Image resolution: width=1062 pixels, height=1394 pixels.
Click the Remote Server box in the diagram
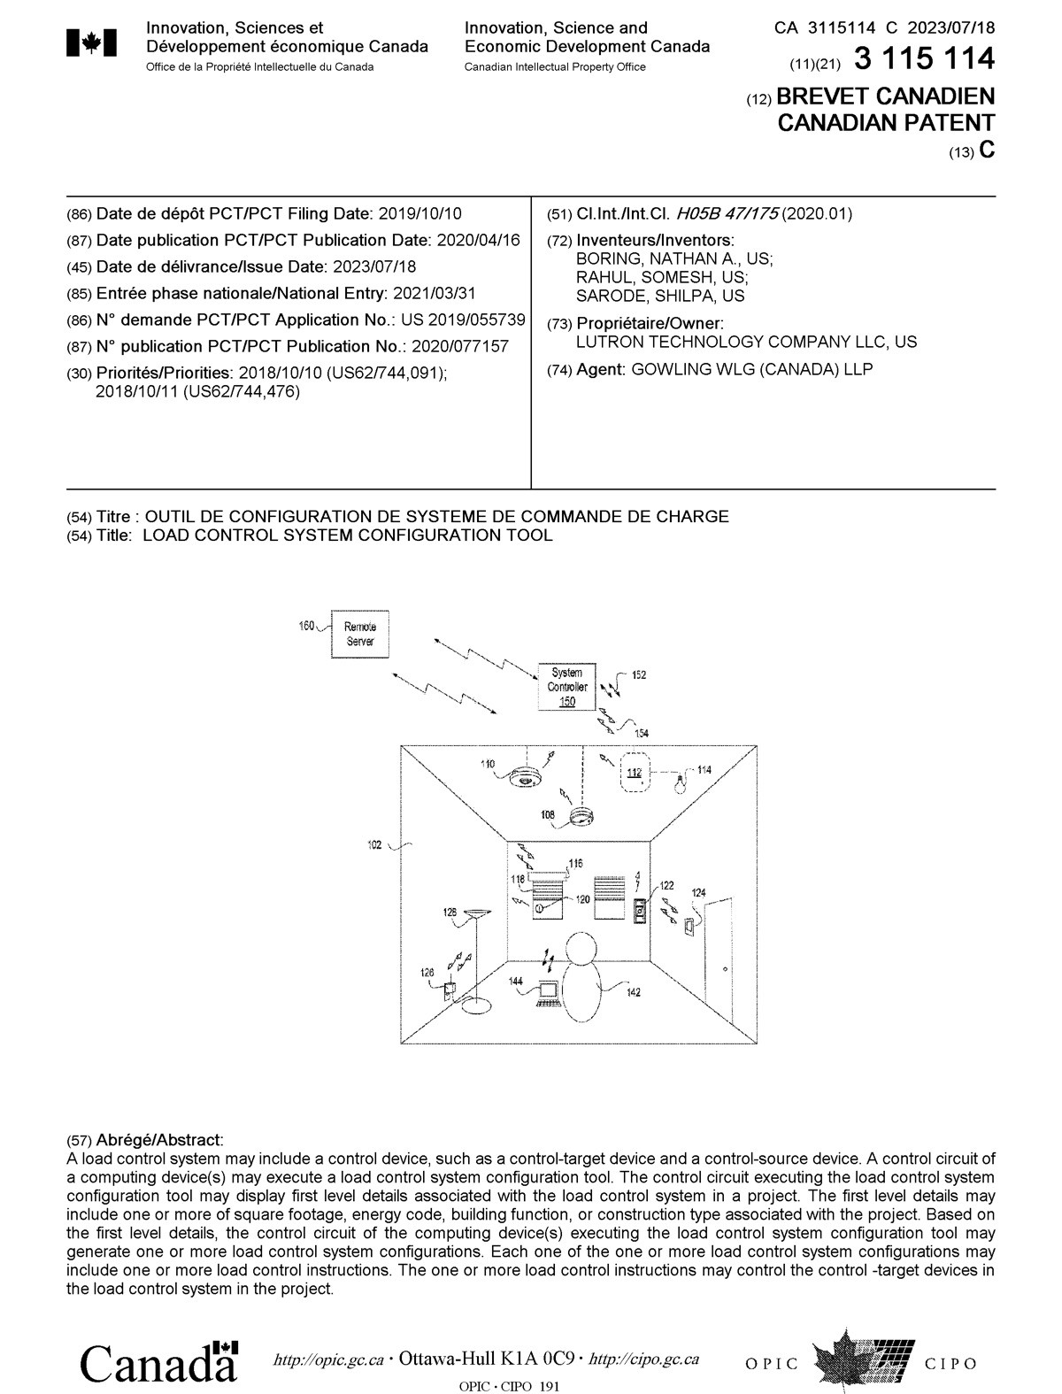[359, 634]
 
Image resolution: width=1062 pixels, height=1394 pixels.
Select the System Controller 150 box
[566, 687]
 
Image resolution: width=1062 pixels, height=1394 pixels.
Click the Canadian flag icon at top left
[92, 44]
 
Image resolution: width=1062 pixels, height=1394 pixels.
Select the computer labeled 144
[549, 993]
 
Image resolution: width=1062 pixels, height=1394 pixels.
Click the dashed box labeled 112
[635, 772]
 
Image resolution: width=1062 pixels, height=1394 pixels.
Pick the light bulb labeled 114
[680, 782]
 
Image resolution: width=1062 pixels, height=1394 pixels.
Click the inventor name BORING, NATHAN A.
[673, 258]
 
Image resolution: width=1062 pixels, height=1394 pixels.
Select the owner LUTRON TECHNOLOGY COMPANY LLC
[746, 342]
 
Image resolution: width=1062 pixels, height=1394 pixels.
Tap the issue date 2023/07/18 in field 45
[373, 266]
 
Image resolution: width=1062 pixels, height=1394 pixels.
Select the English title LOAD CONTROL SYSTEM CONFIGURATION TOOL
[347, 535]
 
